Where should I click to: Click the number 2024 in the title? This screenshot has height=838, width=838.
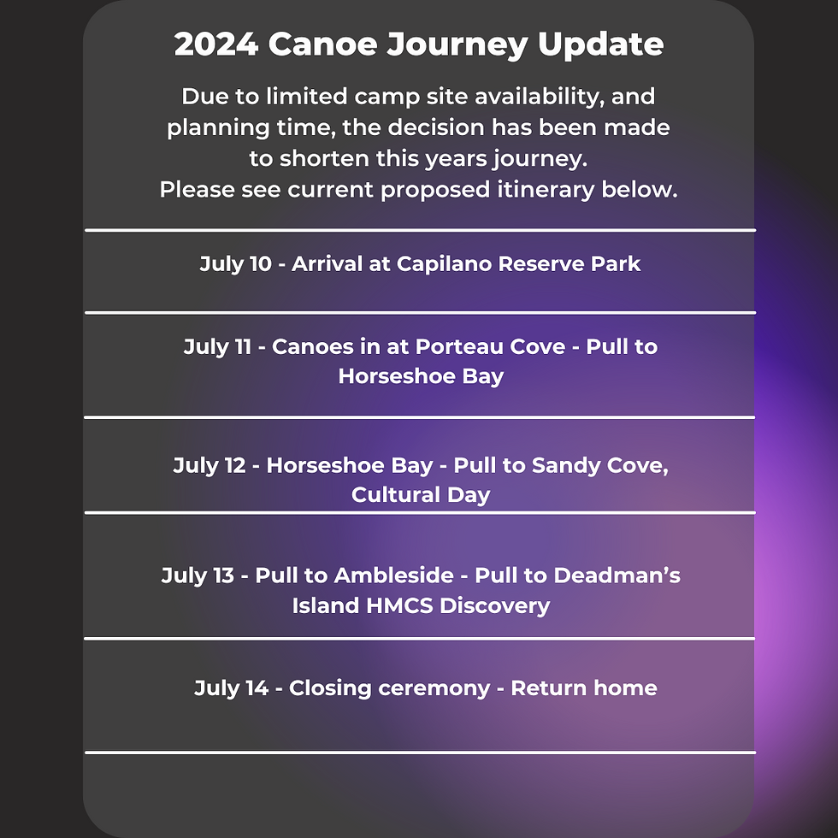coord(216,44)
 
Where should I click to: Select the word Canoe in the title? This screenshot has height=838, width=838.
coord(323,44)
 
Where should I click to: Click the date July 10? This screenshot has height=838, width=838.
coord(236,264)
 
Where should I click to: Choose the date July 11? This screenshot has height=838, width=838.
coord(217,347)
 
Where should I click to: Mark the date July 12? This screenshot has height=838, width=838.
coord(209,465)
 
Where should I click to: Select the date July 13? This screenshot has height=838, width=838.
coord(198,575)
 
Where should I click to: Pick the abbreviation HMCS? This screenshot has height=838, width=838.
coord(399,606)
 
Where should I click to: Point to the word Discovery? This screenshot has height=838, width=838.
coord(495,606)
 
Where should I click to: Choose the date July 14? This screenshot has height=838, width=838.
coord(231,688)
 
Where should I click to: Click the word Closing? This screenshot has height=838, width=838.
coord(330,689)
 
